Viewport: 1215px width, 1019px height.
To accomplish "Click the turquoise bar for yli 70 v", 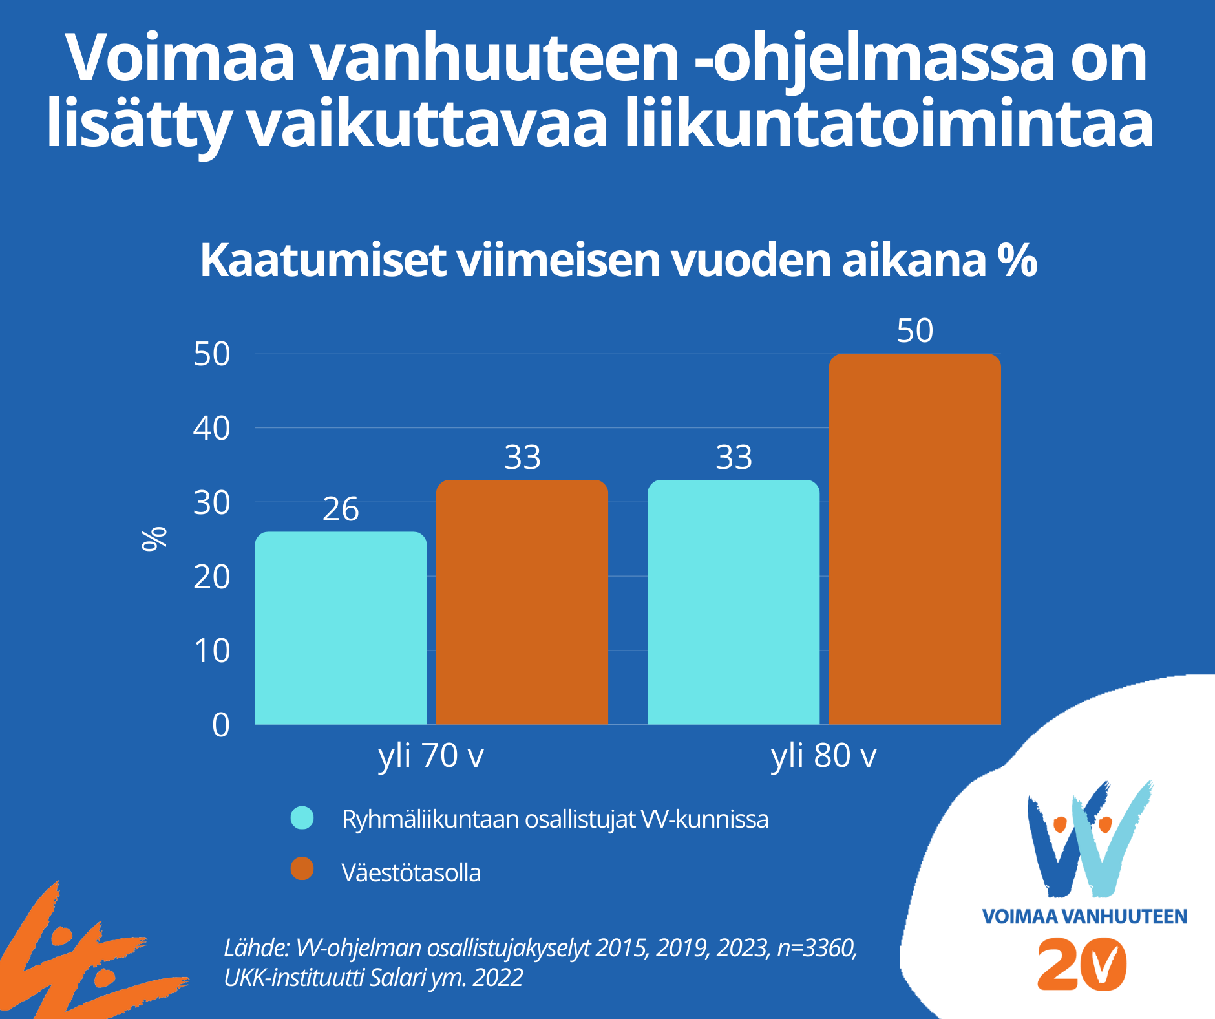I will tap(341, 627).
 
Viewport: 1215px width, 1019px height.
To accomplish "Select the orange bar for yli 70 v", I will tap(522, 601).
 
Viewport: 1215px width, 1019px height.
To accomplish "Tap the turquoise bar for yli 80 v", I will tap(734, 601).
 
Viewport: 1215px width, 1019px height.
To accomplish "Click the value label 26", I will tap(341, 509).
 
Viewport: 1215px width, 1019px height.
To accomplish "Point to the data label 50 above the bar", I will tap(914, 331).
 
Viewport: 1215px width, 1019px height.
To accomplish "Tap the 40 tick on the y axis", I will tap(211, 428).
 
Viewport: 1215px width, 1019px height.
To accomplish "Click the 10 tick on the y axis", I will tap(211, 650).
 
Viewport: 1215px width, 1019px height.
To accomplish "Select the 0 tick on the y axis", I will tap(220, 725).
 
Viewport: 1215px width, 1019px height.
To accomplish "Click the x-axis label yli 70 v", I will tap(431, 755).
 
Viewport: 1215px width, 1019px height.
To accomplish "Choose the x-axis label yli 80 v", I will tap(823, 755).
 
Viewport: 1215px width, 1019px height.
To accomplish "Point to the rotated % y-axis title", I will tap(154, 539).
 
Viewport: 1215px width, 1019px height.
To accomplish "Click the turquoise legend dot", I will tap(302, 818).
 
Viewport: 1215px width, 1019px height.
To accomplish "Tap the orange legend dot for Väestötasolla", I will tap(302, 869).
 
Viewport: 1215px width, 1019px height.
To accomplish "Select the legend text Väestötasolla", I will tap(411, 873).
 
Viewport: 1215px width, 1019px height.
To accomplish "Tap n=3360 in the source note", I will tap(817, 948).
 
